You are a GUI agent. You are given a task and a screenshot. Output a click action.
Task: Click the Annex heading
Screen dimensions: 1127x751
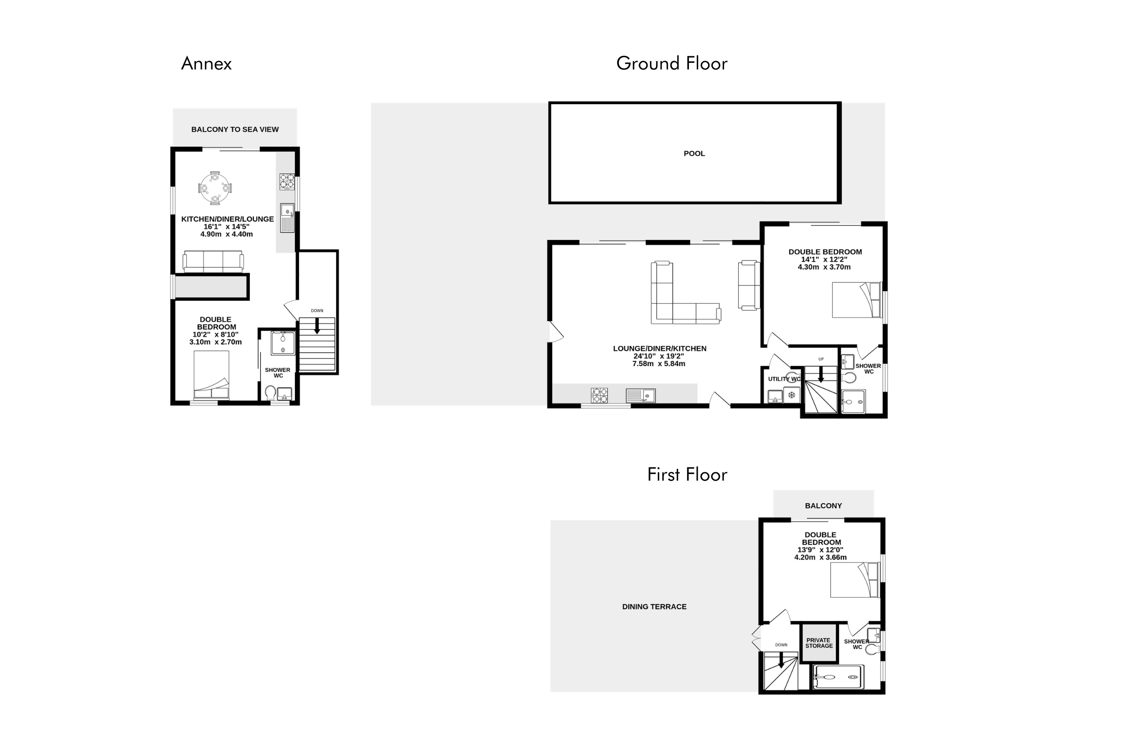tap(206, 64)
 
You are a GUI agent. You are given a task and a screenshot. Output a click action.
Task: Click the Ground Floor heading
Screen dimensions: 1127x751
tap(672, 64)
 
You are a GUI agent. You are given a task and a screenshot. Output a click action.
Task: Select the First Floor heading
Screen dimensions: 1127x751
tap(687, 475)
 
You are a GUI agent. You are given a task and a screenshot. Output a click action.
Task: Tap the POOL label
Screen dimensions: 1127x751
tap(695, 154)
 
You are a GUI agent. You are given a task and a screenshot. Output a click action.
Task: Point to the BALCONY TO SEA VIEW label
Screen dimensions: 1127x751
tap(235, 130)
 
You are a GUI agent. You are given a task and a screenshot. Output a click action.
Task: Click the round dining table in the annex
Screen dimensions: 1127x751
tap(215, 188)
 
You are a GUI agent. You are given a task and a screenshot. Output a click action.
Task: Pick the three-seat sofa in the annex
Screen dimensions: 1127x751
tap(213, 261)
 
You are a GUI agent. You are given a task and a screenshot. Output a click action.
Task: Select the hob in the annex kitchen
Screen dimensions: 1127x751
tap(287, 182)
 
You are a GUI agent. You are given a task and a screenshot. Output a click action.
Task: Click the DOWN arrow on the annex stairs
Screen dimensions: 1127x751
tap(316, 326)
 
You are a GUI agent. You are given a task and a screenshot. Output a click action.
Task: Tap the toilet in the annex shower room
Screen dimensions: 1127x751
tap(271, 393)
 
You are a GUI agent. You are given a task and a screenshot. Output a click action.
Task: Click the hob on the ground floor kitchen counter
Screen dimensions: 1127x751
tap(600, 395)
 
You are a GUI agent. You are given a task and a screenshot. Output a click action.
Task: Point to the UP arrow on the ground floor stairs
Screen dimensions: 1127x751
tap(821, 374)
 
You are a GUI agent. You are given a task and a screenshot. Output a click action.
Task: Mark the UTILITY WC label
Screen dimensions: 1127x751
tap(784, 379)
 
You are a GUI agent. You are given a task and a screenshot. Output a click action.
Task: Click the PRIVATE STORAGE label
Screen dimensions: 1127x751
tap(819, 643)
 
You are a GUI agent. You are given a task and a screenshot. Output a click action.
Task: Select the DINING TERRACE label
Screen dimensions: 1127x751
tap(654, 607)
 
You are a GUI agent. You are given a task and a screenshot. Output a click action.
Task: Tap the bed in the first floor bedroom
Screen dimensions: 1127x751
tap(855, 580)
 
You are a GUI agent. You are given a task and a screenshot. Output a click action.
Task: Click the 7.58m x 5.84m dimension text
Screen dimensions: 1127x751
tap(659, 364)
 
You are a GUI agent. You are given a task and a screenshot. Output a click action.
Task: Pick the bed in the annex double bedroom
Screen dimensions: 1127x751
tap(211, 375)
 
